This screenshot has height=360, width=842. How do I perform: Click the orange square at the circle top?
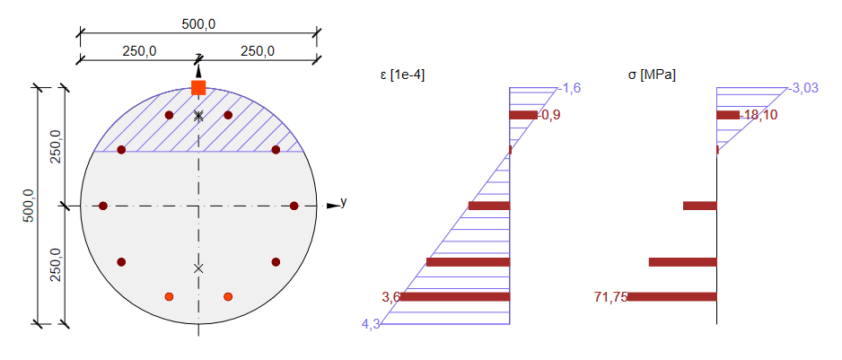198,88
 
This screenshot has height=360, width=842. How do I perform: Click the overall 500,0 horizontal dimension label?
198,25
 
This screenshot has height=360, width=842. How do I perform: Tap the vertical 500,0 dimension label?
28,206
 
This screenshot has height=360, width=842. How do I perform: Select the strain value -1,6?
570,88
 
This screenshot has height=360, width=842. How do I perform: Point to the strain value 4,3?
372,324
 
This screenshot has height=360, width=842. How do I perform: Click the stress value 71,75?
611,296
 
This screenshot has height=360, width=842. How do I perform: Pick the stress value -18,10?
759,115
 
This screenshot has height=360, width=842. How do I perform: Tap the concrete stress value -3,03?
803,88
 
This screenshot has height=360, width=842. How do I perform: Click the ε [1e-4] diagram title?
402,75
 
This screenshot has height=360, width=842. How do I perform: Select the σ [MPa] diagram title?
652,75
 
